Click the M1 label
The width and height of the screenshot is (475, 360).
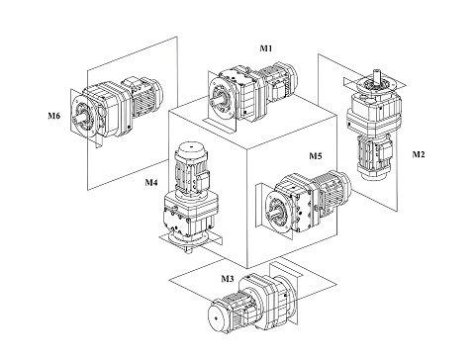[x=266, y=48]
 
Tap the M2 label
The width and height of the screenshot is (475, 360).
[x=419, y=154]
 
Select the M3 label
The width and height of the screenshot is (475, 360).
[x=228, y=279]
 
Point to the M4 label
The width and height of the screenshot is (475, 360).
[x=151, y=182]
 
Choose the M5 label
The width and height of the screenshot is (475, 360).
[x=315, y=155]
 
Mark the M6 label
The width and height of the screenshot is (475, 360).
[x=54, y=116]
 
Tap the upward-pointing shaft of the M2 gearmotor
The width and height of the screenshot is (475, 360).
[x=377, y=75]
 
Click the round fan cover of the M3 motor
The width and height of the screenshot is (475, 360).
[x=217, y=318]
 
